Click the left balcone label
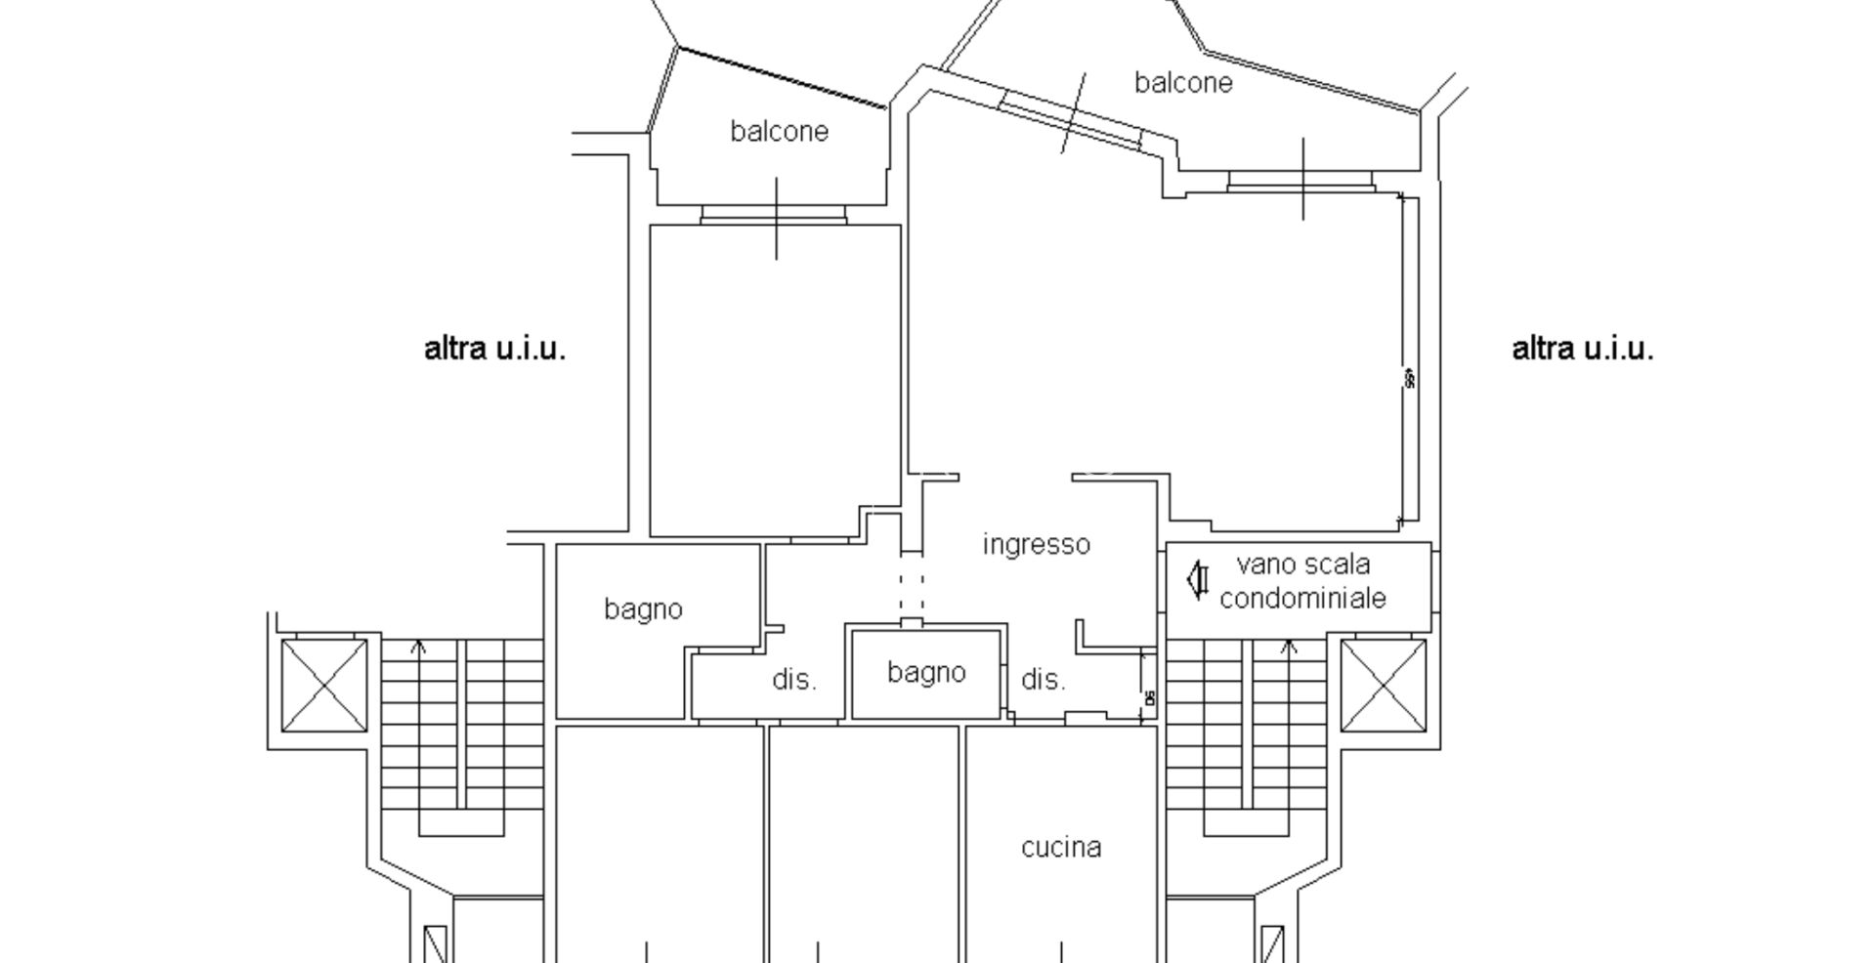[779, 131]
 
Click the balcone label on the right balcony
[1182, 83]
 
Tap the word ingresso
[1036, 544]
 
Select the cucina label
[1061, 847]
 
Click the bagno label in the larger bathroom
[643, 609]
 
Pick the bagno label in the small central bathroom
[926, 672]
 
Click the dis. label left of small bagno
[794, 680]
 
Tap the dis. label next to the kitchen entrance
[1043, 680]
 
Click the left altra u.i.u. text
[494, 349]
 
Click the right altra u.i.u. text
[1582, 349]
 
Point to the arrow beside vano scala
[1197, 579]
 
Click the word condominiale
[1302, 598]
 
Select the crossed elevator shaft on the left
[324, 685]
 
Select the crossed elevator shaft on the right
[1383, 685]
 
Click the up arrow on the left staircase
[420, 647]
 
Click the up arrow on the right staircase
[1289, 647]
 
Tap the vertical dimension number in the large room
[1409, 378]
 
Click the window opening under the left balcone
[773, 215]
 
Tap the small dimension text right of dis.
[1149, 697]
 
